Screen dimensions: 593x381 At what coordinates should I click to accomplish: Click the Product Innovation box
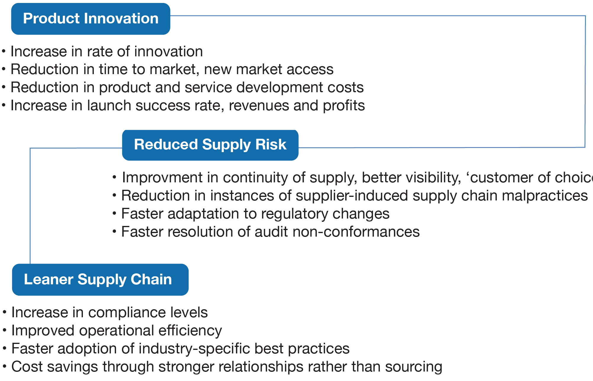(x=91, y=19)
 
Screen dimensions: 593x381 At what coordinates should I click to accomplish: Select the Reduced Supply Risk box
(x=210, y=145)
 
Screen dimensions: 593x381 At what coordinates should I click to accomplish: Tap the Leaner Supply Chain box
(x=100, y=280)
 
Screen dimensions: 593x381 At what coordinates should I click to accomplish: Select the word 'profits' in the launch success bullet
(x=344, y=106)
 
